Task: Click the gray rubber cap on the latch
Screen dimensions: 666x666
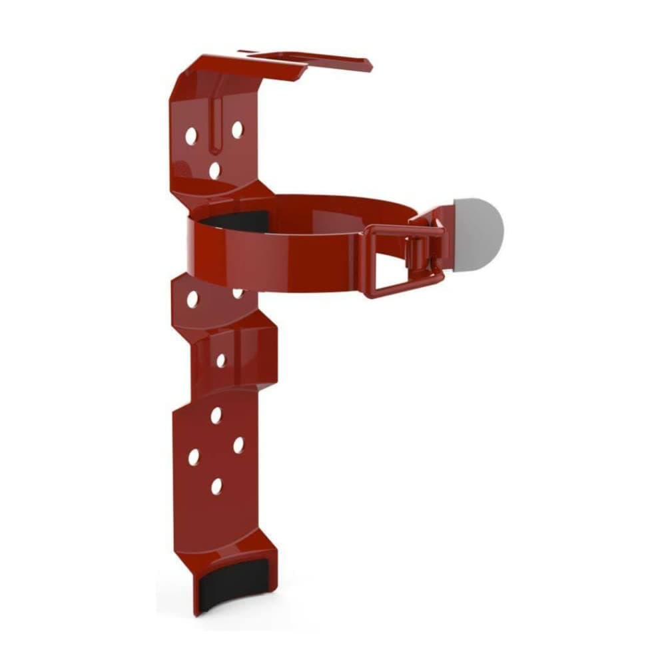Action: click(478, 233)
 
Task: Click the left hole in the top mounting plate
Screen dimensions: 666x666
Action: click(191, 136)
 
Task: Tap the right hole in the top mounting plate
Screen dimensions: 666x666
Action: click(237, 129)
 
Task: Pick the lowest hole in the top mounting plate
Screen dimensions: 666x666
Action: click(214, 170)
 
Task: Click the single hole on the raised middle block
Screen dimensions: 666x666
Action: click(221, 360)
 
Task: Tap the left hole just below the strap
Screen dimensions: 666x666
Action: click(192, 299)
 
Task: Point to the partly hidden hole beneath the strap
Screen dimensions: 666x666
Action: click(238, 292)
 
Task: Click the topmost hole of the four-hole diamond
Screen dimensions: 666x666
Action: click(216, 415)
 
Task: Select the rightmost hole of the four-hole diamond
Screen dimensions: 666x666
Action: click(238, 445)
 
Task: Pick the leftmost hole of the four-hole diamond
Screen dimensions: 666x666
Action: click(194, 457)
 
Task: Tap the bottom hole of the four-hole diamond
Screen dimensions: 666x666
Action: click(216, 486)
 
